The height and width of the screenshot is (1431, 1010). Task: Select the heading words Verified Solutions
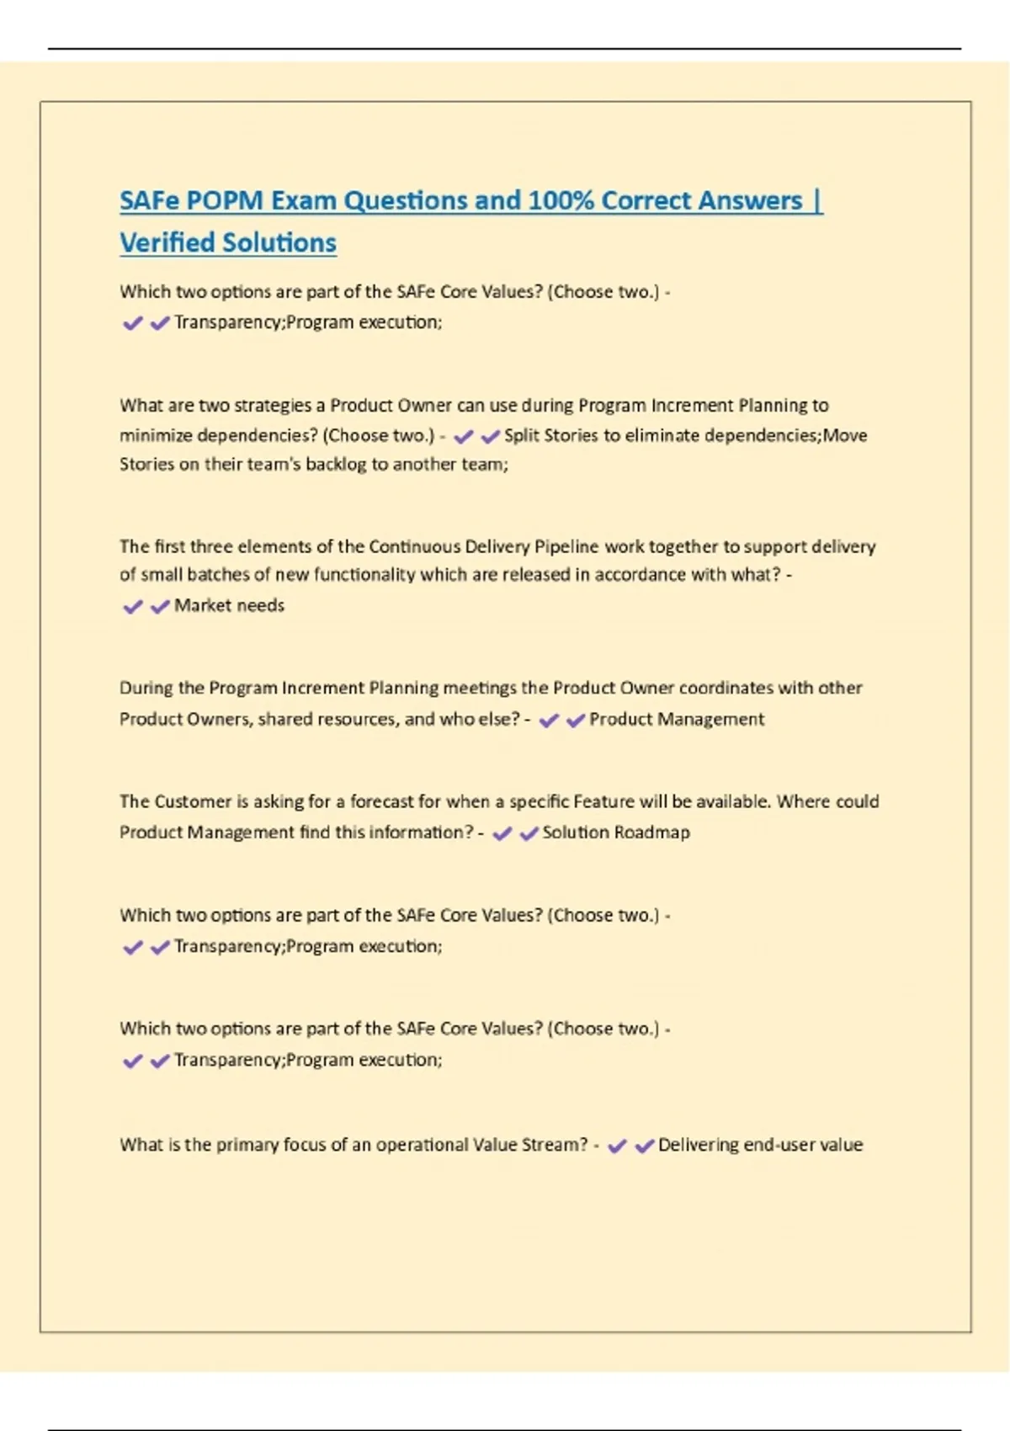228,242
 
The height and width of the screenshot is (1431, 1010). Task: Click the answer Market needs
229,605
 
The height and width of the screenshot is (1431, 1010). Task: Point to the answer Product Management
677,719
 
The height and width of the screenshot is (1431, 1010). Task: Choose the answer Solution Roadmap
616,833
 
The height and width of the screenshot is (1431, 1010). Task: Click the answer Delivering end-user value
760,1145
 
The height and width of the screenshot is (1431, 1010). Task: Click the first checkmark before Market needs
133,606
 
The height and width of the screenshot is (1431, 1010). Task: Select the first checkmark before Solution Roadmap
502,833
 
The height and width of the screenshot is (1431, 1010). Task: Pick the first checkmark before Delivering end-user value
617,1146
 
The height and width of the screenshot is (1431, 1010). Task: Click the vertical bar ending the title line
818,200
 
